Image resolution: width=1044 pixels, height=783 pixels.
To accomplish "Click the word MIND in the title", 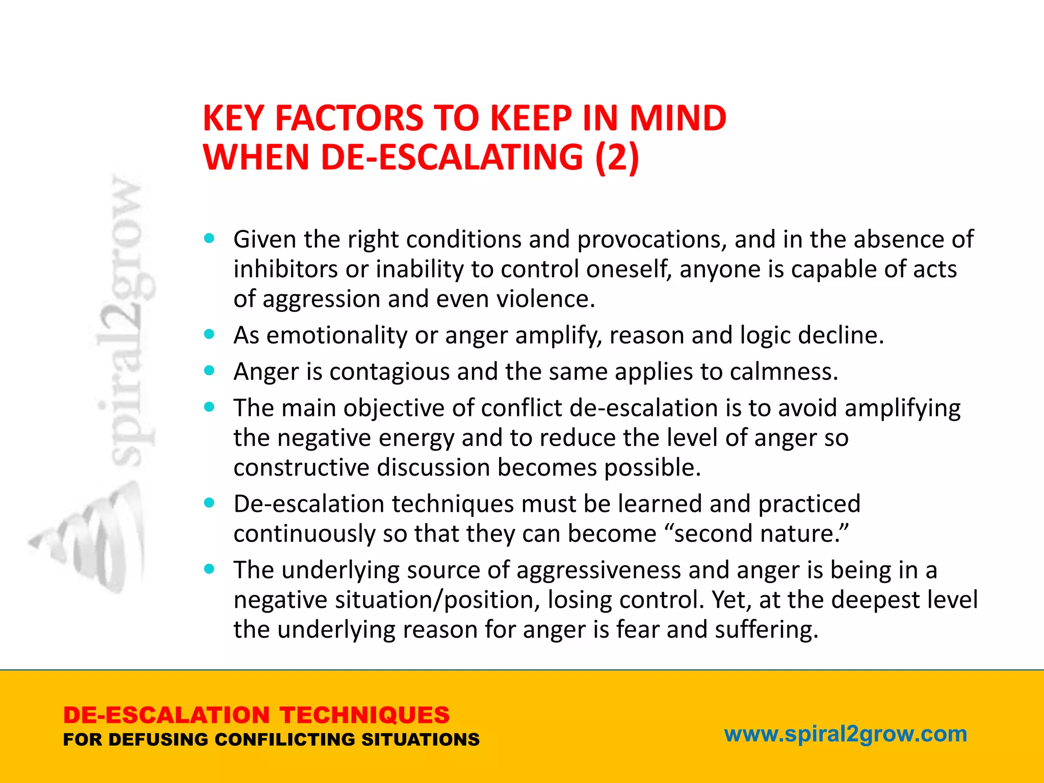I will point(677,118).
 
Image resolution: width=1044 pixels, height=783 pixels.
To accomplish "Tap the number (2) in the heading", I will point(617,157).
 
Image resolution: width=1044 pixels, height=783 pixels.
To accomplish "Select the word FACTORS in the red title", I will point(349,118).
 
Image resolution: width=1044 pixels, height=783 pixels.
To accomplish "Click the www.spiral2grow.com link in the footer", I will point(846,734).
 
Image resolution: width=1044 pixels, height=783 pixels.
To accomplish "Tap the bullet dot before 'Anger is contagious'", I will point(209,371).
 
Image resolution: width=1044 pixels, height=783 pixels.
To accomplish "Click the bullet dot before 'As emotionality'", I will point(209,334).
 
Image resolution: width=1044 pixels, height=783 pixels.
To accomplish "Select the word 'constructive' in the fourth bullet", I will point(301,467).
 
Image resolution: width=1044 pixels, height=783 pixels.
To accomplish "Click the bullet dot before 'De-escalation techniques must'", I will point(209,503).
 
